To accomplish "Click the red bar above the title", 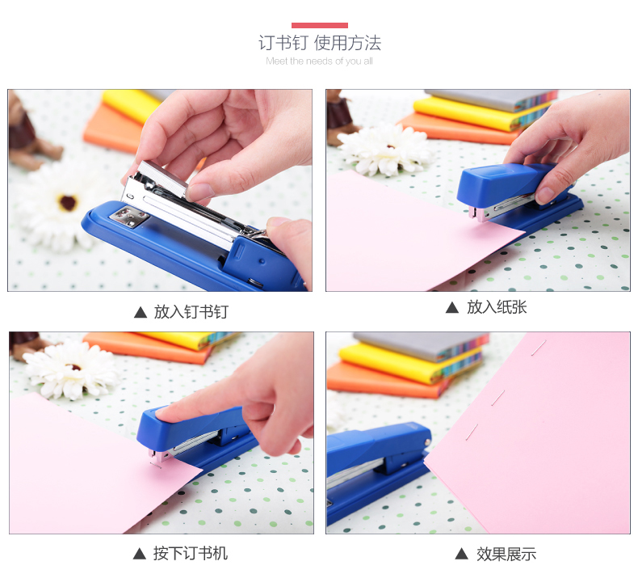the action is [x=320, y=25].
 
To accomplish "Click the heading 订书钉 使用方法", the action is [x=320, y=43].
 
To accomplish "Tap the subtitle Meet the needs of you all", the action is [x=320, y=61].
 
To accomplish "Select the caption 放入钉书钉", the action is [x=191, y=311].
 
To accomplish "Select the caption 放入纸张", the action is [x=497, y=307].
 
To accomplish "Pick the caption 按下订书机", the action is [x=190, y=553].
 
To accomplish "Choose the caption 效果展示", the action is [x=506, y=554].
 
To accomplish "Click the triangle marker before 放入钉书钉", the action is [x=141, y=312].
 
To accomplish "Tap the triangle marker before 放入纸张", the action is [x=452, y=307].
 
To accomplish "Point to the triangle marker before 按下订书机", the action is [x=140, y=554].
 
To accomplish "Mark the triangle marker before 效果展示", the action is [x=461, y=554].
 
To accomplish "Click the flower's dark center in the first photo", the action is [x=68, y=202].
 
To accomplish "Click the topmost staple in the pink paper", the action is [x=539, y=348].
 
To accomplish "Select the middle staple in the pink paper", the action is [x=498, y=398].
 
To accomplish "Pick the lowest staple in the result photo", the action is [x=472, y=432].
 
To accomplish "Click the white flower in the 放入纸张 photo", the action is [x=385, y=150].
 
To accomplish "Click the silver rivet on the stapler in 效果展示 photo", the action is [x=427, y=442].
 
